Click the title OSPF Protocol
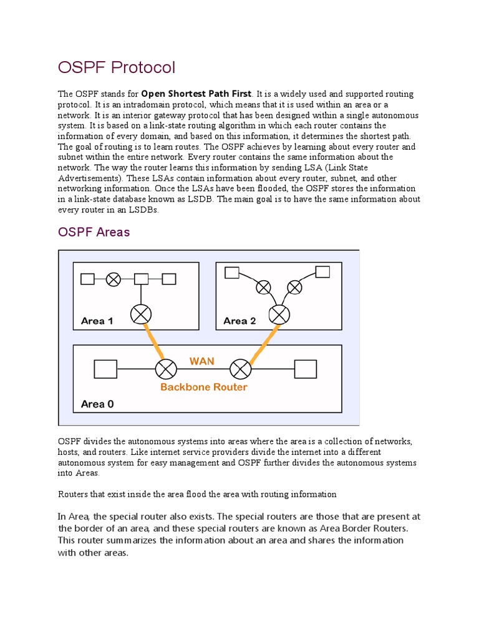[117, 67]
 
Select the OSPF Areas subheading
[94, 232]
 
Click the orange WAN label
[201, 361]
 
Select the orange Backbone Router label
[203, 387]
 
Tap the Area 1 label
[97, 321]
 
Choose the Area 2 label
[239, 321]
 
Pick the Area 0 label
[97, 404]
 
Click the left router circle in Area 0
[165, 369]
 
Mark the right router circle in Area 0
[239, 369]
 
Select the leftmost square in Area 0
[105, 369]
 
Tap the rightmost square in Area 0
[305, 369]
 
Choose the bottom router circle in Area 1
[141, 314]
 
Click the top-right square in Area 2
[322, 271]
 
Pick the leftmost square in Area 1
[87, 279]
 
